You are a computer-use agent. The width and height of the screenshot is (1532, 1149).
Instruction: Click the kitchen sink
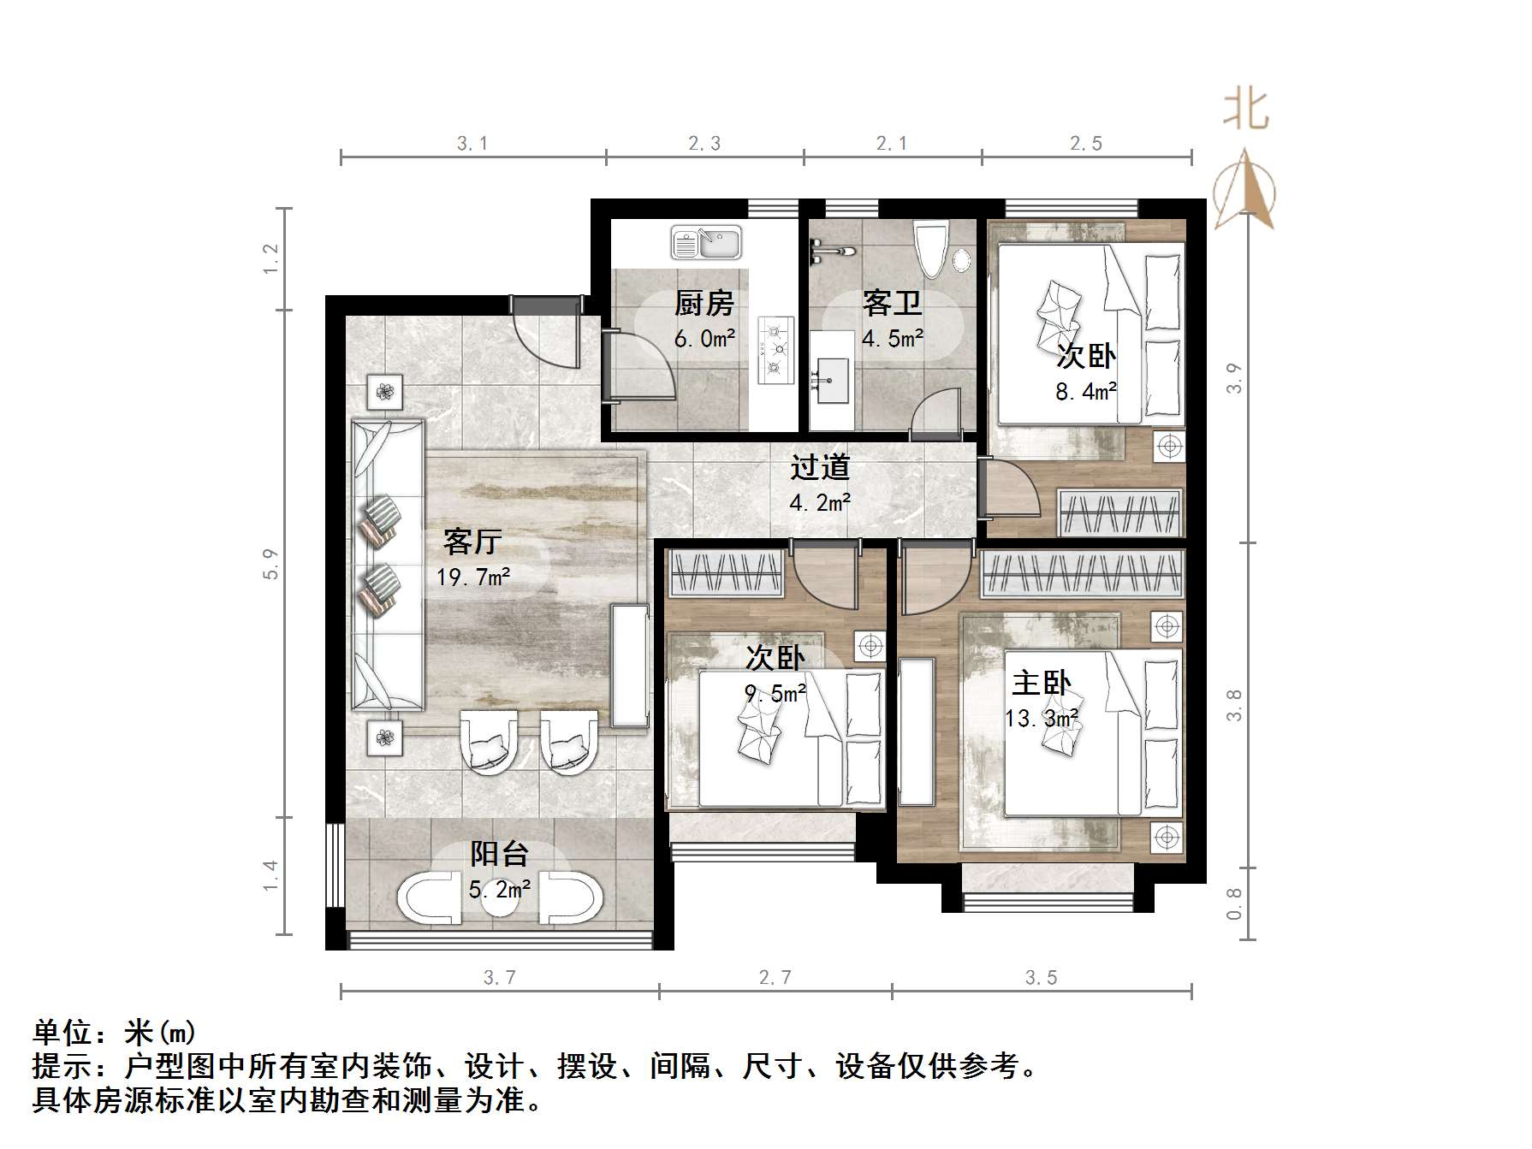[x=706, y=242]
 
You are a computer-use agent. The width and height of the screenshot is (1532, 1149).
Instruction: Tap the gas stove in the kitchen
[x=775, y=349]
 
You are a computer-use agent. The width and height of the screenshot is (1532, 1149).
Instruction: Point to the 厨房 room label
[x=704, y=304]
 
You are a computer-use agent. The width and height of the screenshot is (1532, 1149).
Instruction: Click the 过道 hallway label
[x=820, y=467]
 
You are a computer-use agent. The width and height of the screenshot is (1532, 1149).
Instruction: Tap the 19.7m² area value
[x=473, y=577]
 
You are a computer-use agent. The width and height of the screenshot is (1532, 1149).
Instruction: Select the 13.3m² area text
[x=1041, y=718]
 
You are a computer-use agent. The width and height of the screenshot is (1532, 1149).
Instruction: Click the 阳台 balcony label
[x=500, y=854]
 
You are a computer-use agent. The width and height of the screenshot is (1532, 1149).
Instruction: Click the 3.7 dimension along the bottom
[x=500, y=977]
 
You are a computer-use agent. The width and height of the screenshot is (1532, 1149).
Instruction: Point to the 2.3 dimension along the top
[x=704, y=144]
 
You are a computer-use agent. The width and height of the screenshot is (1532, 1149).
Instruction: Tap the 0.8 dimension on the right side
[x=1233, y=903]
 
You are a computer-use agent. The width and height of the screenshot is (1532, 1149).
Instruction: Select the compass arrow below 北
[x=1245, y=188]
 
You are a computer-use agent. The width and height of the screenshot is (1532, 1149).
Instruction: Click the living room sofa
[x=388, y=565]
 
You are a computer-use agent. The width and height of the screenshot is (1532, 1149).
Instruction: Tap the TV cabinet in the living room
[x=629, y=666]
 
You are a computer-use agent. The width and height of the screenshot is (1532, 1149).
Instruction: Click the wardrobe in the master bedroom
[x=1082, y=572]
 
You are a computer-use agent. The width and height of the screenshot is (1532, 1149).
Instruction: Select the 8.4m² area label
[x=1085, y=392]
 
